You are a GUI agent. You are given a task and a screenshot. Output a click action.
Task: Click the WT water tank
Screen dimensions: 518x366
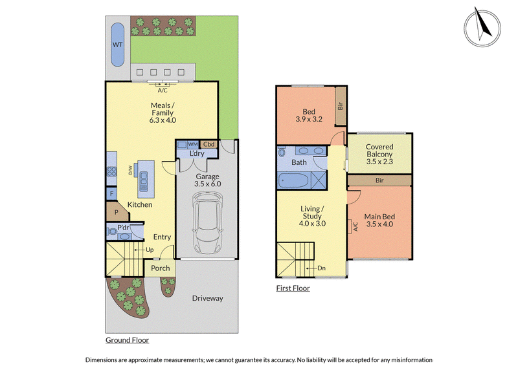coord(118,45)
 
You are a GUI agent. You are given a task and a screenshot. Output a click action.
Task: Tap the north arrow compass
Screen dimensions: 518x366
coord(482,28)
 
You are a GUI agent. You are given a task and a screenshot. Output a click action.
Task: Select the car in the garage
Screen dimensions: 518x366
coord(207,223)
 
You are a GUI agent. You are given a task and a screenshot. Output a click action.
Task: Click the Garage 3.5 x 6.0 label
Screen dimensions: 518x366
coord(207,180)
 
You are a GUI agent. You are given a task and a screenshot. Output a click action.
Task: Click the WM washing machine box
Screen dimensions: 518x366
coord(193,145)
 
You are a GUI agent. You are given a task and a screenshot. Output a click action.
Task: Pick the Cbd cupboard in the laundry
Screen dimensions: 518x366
coord(208,144)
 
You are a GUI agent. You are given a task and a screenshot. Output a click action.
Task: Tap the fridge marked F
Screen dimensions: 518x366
coord(111,194)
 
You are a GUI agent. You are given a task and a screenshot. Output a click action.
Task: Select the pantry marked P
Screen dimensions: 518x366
coord(117,212)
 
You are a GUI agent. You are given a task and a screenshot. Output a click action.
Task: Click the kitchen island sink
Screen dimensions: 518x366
coord(143,181)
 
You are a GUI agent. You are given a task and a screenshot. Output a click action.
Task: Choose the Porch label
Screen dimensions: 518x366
coord(160,268)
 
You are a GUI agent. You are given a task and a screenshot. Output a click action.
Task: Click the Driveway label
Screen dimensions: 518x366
coord(207,298)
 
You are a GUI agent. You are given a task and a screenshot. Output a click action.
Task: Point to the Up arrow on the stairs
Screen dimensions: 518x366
coord(139,250)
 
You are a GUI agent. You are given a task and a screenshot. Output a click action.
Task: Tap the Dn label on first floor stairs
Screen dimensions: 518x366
coord(321,268)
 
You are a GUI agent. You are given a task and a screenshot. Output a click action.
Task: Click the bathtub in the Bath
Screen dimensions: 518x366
coord(294,180)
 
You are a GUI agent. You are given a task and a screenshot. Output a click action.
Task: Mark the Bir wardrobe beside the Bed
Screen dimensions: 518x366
coord(341,106)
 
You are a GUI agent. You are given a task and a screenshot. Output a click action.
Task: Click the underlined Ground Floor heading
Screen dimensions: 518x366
coord(127,340)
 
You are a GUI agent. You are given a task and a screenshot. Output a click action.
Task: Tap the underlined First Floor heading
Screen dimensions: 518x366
coord(293,288)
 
